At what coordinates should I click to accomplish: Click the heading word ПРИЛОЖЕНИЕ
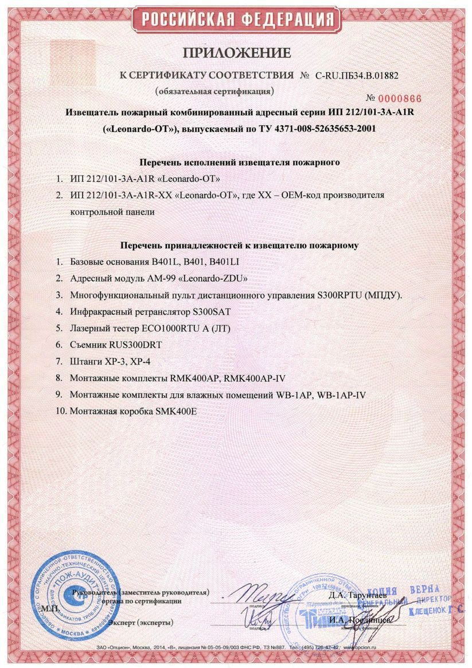tap(237, 53)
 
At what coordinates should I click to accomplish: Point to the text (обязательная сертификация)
tap(214, 91)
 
